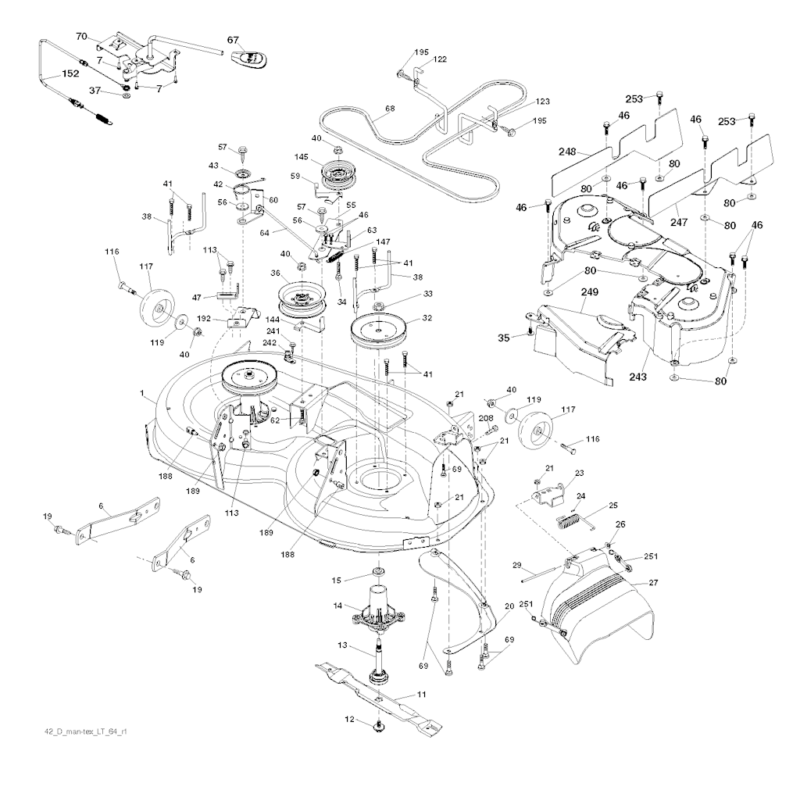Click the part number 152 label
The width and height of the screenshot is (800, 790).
click(70, 73)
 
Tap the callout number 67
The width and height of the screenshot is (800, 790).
click(233, 41)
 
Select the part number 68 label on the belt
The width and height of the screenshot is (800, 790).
click(391, 109)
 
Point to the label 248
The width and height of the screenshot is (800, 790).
click(567, 152)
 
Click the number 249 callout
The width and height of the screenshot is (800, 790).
click(589, 292)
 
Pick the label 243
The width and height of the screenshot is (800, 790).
click(637, 377)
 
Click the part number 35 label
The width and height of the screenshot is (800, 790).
click(504, 338)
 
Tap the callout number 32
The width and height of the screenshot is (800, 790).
click(427, 318)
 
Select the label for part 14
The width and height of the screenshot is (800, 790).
click(337, 606)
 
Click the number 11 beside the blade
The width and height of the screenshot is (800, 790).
click(421, 694)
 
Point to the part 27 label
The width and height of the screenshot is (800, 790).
click(653, 582)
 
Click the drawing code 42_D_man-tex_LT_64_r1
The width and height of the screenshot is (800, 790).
click(86, 731)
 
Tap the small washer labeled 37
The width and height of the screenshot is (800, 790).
click(126, 95)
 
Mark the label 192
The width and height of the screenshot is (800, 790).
click(204, 319)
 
